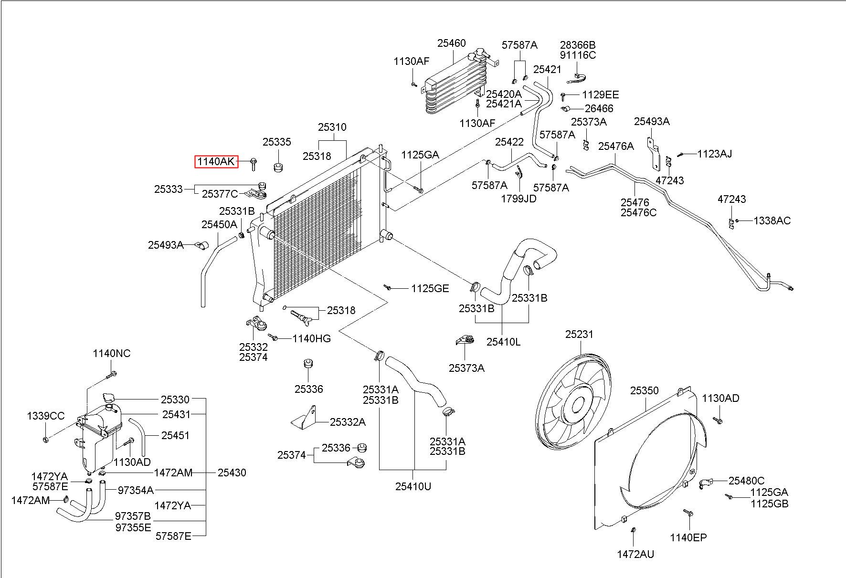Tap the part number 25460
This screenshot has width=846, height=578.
(x=451, y=43)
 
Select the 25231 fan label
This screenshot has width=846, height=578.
(x=579, y=335)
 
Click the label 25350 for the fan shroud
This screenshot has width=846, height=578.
(x=644, y=391)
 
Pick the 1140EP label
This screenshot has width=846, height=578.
(x=688, y=537)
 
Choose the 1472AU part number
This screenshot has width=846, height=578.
(x=635, y=554)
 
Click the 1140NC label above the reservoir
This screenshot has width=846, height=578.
(x=111, y=354)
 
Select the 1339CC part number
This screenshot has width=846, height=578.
(x=45, y=416)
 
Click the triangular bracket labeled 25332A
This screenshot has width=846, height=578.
(x=305, y=418)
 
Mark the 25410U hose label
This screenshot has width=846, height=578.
(x=413, y=486)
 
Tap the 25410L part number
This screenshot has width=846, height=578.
(x=504, y=342)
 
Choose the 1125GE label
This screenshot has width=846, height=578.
(x=430, y=288)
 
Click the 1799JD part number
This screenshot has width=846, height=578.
(x=518, y=199)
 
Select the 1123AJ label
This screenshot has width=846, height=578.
(x=714, y=154)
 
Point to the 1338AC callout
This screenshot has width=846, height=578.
(x=772, y=221)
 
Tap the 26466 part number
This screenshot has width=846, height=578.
(x=599, y=109)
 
